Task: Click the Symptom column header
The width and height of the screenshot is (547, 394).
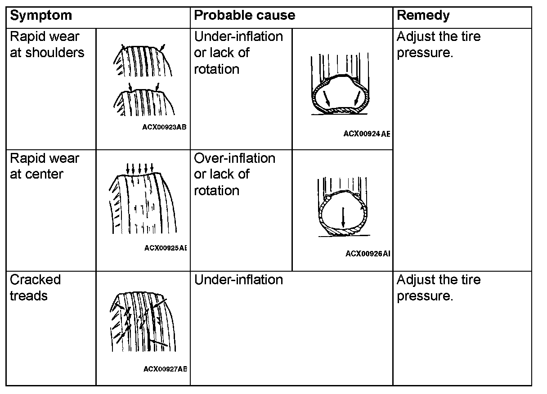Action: click(40, 16)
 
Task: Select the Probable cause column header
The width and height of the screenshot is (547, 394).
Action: click(244, 16)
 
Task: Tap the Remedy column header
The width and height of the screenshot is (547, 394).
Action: click(423, 16)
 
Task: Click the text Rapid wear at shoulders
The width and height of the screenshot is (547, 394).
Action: click(47, 45)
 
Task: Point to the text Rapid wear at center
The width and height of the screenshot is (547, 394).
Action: click(44, 166)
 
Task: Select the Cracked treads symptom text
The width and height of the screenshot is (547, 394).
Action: click(35, 287)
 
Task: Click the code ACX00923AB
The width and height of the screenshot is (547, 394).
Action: click(165, 127)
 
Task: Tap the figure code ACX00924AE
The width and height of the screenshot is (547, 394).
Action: click(367, 134)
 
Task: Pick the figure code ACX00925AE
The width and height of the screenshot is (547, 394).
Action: click(166, 248)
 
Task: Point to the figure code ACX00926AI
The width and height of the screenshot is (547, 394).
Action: click(368, 254)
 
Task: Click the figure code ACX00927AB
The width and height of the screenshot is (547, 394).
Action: click(165, 369)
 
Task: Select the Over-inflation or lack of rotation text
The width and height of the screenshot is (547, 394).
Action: click(234, 174)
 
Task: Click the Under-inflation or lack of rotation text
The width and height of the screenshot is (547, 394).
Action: click(238, 53)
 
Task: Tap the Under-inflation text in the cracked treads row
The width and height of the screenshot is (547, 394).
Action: click(238, 280)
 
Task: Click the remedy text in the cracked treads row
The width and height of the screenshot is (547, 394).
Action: click(438, 287)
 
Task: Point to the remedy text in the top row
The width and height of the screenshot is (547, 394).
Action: click(438, 45)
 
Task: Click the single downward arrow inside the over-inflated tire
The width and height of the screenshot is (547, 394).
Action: click(343, 217)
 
